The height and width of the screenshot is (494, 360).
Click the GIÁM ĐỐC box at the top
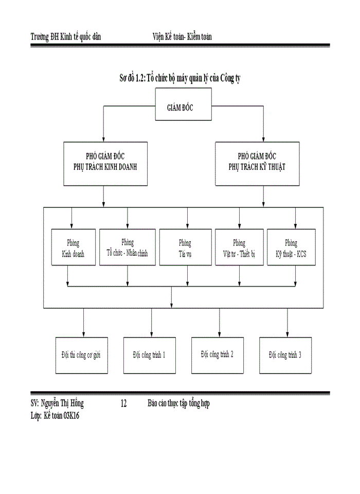point(184,108)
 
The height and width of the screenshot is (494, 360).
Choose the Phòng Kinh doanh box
point(74,248)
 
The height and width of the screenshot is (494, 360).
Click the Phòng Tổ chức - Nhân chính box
point(128,248)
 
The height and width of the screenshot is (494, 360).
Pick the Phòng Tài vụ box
point(185,248)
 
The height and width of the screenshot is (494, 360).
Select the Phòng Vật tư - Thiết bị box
point(239,248)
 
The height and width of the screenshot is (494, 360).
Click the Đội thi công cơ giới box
point(82,355)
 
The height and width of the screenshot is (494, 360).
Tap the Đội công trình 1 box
point(150,355)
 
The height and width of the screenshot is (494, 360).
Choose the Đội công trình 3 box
point(285,355)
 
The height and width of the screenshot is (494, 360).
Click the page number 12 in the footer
point(123,403)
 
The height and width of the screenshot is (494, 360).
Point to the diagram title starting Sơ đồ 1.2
point(181,78)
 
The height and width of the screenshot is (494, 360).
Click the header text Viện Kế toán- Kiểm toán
point(182,37)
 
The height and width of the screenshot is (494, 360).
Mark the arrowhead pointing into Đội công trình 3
point(287,334)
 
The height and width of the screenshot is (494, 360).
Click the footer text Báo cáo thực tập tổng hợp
point(178,403)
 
